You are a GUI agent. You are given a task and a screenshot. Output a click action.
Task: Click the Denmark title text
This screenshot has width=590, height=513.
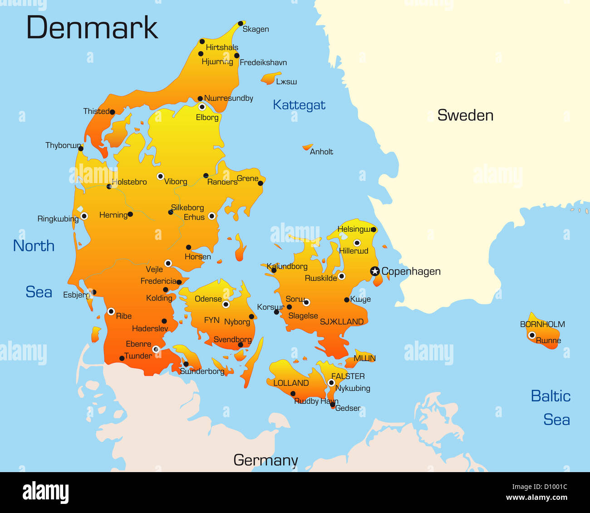coord(92,28)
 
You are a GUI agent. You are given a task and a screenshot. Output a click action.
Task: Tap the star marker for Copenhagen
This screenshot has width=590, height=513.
coord(375,271)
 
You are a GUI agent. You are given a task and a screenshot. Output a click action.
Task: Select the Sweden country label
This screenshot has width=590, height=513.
coord(465,115)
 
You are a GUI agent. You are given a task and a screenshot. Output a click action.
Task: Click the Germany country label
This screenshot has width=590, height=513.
coord(265,460)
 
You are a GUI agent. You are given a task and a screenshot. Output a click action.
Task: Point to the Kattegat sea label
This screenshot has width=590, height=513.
coord(299,105)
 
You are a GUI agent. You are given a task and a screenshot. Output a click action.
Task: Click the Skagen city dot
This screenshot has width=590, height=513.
coord(241,24)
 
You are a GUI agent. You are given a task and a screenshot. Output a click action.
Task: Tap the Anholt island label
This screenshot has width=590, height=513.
coord(321,152)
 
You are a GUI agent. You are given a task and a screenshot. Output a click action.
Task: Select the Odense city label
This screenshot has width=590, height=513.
coord(208,299)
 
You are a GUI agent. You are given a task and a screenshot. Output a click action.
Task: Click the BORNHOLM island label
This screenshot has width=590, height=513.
coord(542,324)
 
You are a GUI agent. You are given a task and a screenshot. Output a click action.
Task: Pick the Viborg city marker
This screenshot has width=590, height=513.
coord(160,176)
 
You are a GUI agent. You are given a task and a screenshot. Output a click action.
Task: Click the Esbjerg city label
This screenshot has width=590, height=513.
coord(76,295)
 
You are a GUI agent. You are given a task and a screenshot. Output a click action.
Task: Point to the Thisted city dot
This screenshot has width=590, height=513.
coord(113,112)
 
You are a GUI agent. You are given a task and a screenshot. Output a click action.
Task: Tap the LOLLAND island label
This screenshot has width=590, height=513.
coord(291,383)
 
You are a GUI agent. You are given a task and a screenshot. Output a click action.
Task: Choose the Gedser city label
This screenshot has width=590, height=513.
coord(348,408)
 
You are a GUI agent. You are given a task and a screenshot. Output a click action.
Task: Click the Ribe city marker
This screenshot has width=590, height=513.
coord(111,311)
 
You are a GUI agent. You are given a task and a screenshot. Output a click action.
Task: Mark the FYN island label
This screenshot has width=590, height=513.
coord(211,320)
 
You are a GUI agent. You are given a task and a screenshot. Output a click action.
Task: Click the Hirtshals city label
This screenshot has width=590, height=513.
coord(222,47)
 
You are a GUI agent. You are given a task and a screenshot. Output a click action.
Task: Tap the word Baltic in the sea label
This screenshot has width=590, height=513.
coord(551,396)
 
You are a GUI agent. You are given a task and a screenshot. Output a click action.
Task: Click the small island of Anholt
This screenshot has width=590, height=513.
coord(308,147)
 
